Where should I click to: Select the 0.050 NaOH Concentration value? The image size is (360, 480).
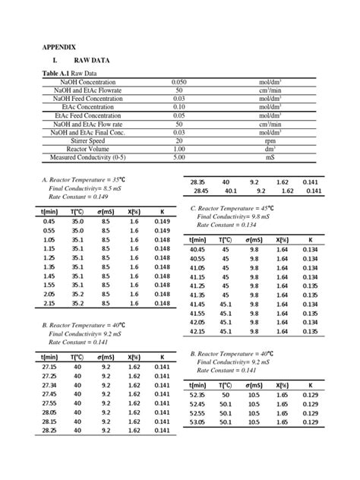(x=179, y=81)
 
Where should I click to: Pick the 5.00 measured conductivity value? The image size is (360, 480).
(x=179, y=157)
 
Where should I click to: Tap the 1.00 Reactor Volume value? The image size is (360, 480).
(x=179, y=149)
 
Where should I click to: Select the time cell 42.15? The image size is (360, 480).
(x=197, y=331)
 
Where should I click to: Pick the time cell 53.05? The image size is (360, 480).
(x=197, y=422)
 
